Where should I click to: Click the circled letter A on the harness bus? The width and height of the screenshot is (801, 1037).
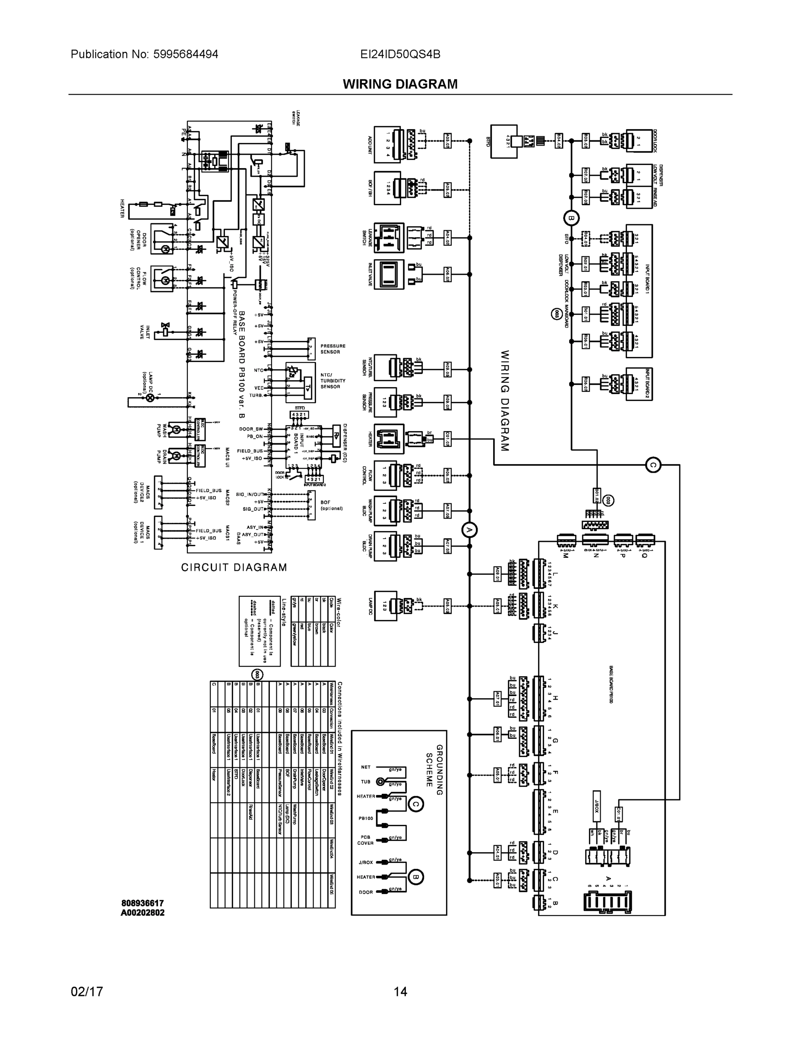click(x=469, y=530)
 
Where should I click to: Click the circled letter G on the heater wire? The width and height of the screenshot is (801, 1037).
click(x=653, y=465)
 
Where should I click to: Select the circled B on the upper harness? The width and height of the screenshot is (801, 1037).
click(x=571, y=218)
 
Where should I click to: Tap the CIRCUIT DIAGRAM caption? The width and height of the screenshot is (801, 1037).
click(x=234, y=567)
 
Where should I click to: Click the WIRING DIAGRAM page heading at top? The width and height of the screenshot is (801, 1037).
click(x=400, y=84)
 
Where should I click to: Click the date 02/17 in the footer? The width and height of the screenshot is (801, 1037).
click(x=87, y=992)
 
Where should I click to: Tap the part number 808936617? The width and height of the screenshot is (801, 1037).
click(x=142, y=903)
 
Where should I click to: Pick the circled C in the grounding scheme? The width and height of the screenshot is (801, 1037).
click(x=416, y=804)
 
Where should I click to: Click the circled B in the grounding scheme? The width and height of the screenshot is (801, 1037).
click(x=416, y=877)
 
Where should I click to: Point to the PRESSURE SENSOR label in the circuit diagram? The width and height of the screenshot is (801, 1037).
click(x=332, y=349)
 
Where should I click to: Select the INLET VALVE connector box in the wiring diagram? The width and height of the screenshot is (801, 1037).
click(x=389, y=274)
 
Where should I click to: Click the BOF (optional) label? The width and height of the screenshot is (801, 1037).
click(x=331, y=505)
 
